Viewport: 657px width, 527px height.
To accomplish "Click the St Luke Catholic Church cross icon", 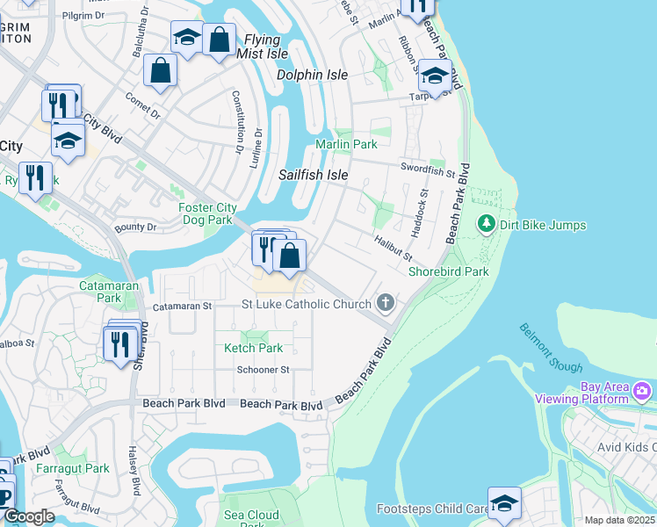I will click(384, 304).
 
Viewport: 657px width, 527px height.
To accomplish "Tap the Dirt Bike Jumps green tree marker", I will click(486, 225).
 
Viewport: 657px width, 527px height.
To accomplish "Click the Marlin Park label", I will click(346, 144).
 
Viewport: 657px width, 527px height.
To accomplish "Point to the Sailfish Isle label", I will click(314, 175).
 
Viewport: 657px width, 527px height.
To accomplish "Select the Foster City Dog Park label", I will click(206, 213).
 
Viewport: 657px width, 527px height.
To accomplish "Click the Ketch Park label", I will click(254, 348).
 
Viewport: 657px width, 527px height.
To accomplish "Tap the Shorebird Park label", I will click(448, 271).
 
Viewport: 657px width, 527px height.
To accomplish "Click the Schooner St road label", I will click(263, 370).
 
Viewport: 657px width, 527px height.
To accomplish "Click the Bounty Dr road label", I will click(135, 227).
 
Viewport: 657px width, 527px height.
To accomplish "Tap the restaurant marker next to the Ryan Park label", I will click(35, 178).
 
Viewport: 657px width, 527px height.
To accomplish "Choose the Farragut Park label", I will click(73, 468).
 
